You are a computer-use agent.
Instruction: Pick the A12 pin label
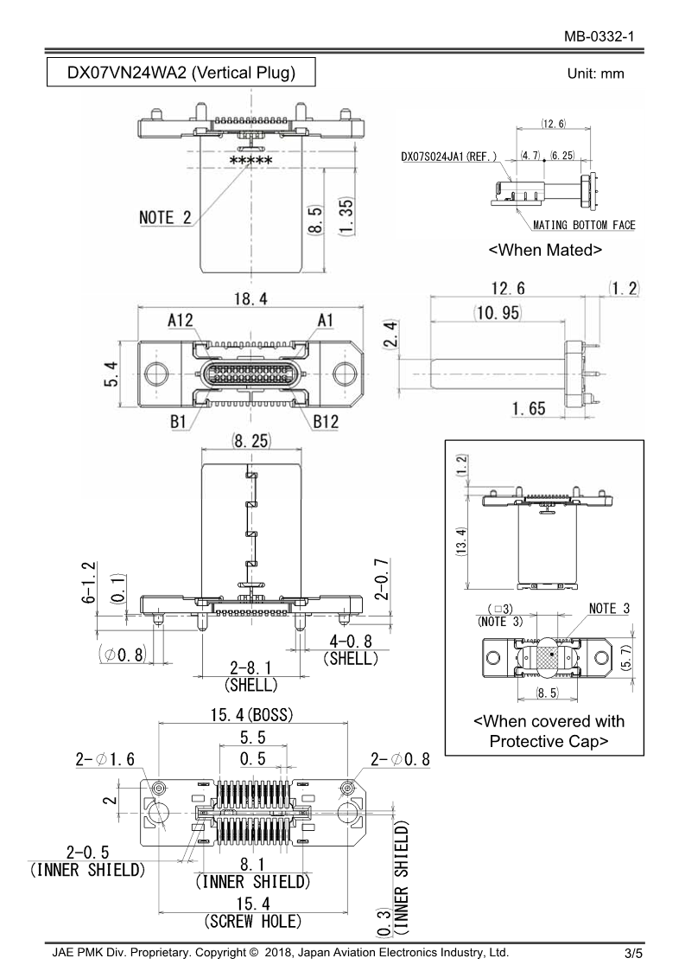click(x=180, y=319)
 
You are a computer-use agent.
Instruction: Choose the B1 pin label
click(x=179, y=423)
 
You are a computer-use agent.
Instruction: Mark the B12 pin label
click(x=326, y=423)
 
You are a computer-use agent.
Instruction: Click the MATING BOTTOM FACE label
click(x=584, y=225)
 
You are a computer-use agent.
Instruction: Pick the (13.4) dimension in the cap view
click(x=463, y=541)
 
